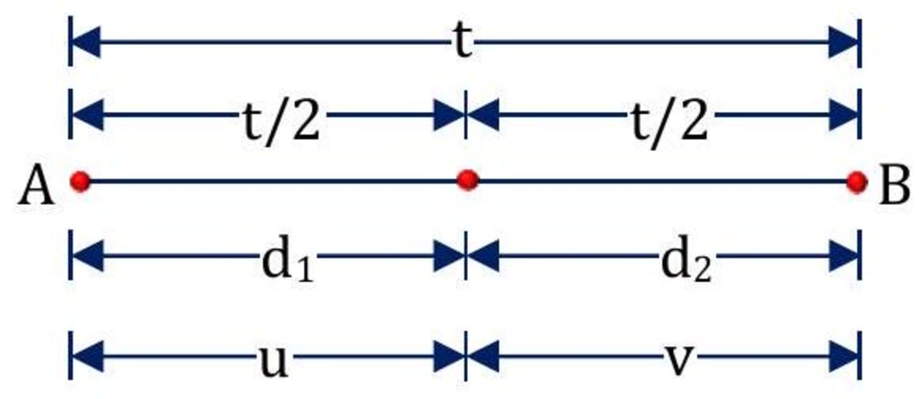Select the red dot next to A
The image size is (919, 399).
[x=80, y=182]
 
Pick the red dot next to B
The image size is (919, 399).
[x=857, y=182]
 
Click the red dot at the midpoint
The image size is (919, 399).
[x=466, y=181]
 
